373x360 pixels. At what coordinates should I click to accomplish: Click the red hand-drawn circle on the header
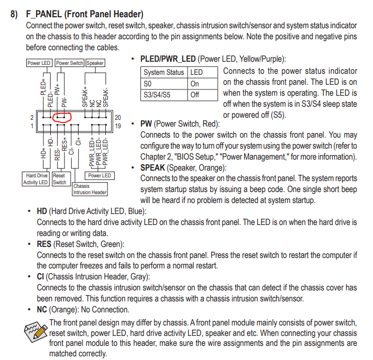[x=62, y=116]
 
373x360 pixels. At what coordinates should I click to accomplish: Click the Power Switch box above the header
[x=70, y=63]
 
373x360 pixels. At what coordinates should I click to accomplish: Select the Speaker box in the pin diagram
[x=95, y=63]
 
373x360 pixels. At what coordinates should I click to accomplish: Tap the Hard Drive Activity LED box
[x=36, y=179]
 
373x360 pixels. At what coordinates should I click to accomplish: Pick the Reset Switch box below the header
[x=59, y=179]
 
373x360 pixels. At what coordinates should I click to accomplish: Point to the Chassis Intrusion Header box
[x=90, y=189]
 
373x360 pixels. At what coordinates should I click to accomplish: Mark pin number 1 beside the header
[x=32, y=126]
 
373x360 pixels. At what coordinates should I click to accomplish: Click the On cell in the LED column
[x=195, y=84]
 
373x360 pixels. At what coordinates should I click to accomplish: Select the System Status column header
[x=164, y=72]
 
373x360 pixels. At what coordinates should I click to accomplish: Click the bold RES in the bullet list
[x=43, y=244]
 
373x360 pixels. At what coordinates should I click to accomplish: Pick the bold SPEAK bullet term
[x=153, y=167]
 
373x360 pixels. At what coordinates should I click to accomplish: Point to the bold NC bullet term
[x=42, y=310]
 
